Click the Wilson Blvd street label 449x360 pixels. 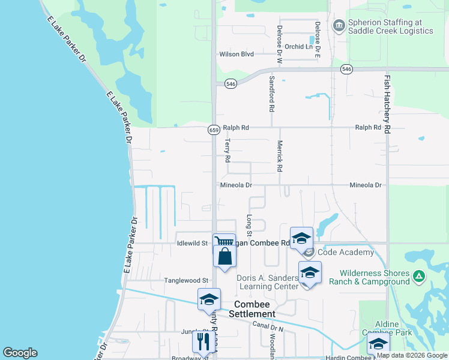pyautogui.click(x=237, y=54)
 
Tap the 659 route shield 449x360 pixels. pyautogui.click(x=214, y=130)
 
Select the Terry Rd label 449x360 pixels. pyautogui.click(x=228, y=151)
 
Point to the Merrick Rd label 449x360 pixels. pyautogui.click(x=279, y=157)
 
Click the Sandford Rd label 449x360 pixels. pyautogui.click(x=272, y=95)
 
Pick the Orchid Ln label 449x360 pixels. pyautogui.click(x=299, y=46)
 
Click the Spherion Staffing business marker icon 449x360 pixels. pyautogui.click(x=338, y=26)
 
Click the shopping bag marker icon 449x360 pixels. pyautogui.click(x=224, y=256)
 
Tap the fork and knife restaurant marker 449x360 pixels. pyautogui.click(x=203, y=341)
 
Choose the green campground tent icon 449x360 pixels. pyautogui.click(x=419, y=277)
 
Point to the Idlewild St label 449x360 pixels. pyautogui.click(x=192, y=243)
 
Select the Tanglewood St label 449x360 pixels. pyautogui.click(x=187, y=280)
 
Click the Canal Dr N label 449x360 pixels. pyautogui.click(x=268, y=326)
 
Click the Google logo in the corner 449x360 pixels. pyautogui.click(x=20, y=353)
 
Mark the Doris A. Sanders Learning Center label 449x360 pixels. pyautogui.click(x=268, y=282)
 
